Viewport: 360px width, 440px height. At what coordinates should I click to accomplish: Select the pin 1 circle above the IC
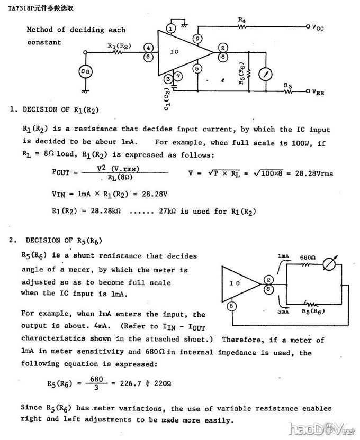click(x=170, y=27)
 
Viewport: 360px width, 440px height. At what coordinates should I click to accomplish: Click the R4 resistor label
click(x=241, y=20)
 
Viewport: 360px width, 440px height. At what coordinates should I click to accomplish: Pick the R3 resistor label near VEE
click(x=288, y=85)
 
